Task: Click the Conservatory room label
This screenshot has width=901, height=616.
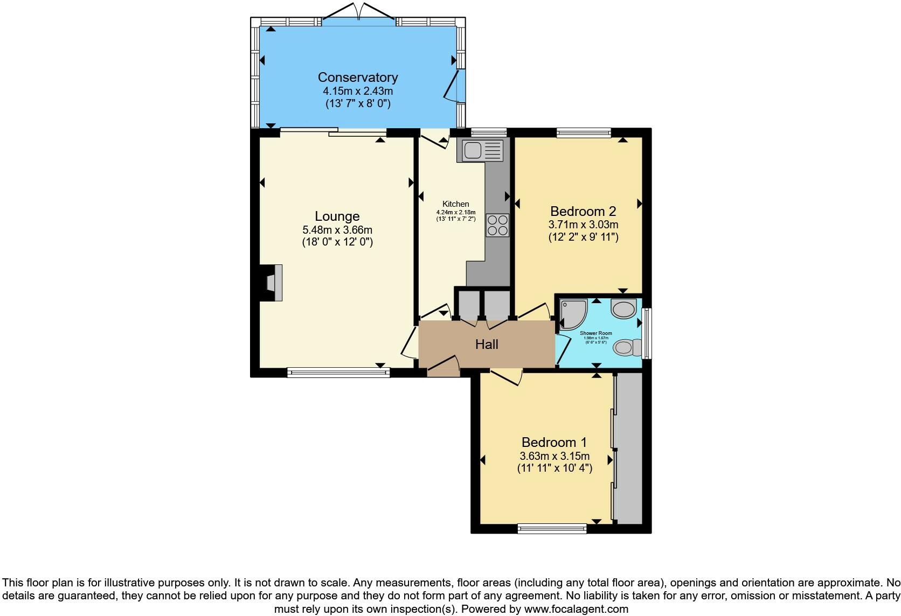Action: [x=357, y=77]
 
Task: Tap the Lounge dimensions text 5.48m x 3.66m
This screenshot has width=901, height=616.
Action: [x=337, y=230]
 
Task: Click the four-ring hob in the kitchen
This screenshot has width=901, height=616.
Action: [x=497, y=225]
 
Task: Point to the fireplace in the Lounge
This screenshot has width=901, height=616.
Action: [x=271, y=283]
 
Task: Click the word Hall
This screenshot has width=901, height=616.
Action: [x=486, y=345]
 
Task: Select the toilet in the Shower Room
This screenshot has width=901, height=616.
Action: [x=627, y=347]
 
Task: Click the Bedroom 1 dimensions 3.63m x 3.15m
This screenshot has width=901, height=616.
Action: [x=555, y=456]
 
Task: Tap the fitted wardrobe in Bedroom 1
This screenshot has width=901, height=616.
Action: [x=629, y=448]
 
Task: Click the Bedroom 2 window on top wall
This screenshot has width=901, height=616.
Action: [x=584, y=132]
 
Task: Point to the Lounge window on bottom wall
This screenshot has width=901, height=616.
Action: [x=338, y=372]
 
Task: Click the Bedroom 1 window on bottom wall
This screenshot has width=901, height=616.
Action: [x=552, y=529]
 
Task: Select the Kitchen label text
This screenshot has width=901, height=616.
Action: [x=455, y=204]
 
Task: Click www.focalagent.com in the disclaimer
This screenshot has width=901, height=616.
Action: [x=577, y=610]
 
